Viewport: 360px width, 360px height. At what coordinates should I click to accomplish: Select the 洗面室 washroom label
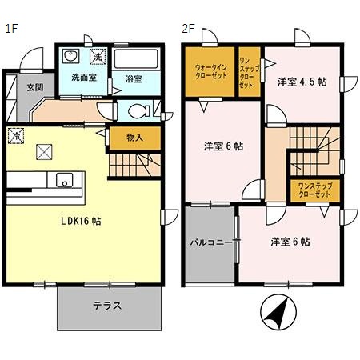pos(83,78)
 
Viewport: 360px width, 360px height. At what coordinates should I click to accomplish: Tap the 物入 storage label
pos(134,138)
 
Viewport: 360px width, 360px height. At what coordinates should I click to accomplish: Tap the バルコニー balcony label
pos(210,241)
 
